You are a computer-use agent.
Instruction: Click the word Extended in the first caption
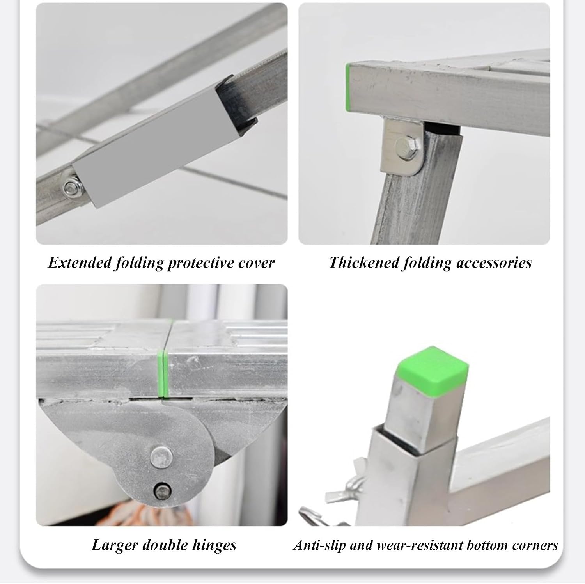[x=80, y=263]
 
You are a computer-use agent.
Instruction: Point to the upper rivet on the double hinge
[x=162, y=456]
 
